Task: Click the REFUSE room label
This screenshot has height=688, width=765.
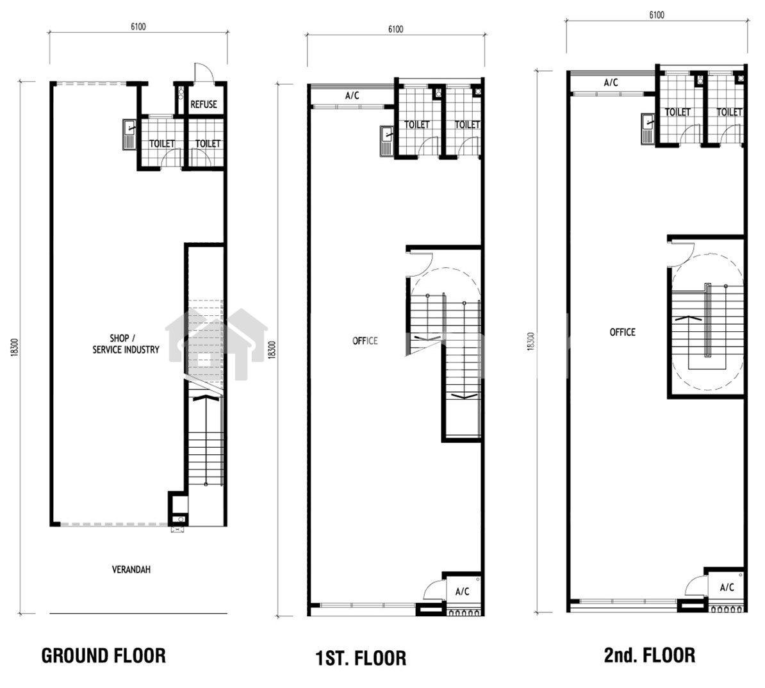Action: [204, 104]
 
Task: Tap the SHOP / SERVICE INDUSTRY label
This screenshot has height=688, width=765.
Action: [126, 344]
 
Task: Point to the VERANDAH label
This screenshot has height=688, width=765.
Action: [131, 569]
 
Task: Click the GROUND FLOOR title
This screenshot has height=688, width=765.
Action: [103, 655]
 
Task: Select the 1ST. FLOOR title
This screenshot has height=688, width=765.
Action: [361, 658]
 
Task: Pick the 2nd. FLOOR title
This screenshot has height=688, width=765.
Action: [650, 655]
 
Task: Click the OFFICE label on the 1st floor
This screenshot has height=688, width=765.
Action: [365, 341]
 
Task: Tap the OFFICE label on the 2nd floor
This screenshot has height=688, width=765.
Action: [623, 332]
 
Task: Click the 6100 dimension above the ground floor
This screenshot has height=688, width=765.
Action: [138, 26]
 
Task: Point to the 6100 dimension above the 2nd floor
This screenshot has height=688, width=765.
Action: [657, 15]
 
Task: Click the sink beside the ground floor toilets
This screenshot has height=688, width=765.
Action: [129, 134]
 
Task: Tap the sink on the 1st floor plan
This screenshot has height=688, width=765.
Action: [386, 140]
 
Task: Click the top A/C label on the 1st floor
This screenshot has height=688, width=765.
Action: [352, 95]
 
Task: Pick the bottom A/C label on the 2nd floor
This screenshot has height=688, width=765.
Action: [727, 587]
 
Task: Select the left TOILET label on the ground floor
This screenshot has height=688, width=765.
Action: [161, 143]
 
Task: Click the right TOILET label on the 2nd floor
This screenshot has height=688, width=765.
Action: [729, 112]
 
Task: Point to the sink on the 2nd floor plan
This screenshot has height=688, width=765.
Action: [648, 129]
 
